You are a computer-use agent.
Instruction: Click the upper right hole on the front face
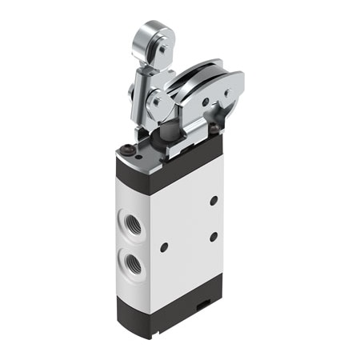point(214,200)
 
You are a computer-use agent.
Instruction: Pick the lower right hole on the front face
point(214,237)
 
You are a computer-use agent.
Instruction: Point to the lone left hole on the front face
point(164,247)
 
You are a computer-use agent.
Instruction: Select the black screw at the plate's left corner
point(128,148)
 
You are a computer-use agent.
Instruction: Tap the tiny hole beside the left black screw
point(138,157)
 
